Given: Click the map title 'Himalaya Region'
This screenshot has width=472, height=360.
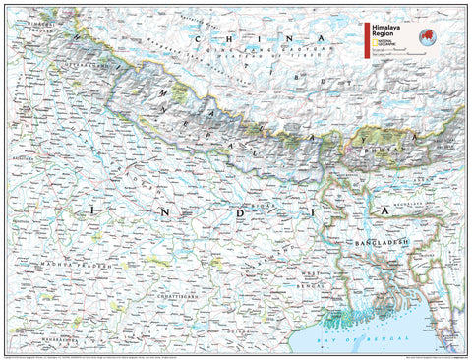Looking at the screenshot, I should pyautogui.click(x=386, y=30).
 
